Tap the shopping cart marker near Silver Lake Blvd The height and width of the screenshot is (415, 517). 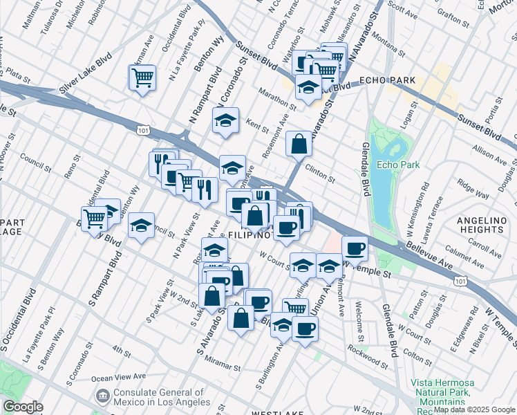(142, 77)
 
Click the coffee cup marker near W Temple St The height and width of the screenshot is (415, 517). (355, 248)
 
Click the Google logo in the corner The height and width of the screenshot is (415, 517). (23, 407)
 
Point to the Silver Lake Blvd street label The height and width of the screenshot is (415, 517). (86, 73)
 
